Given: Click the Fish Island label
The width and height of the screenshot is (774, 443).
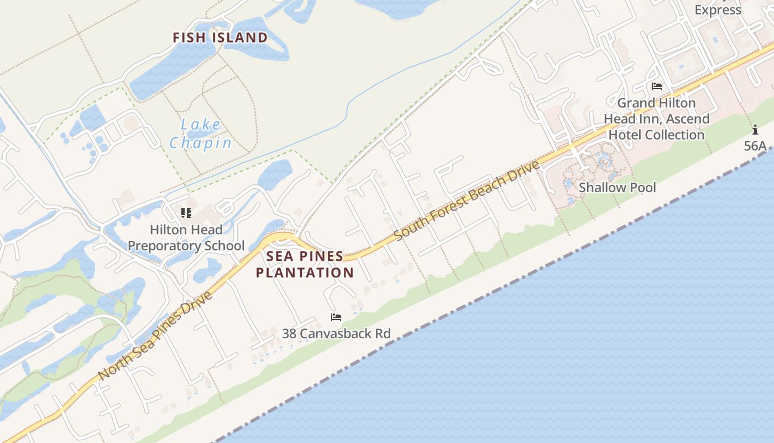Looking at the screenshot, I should pyautogui.click(x=220, y=38).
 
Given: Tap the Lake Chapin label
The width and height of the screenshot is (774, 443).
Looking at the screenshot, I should pyautogui.click(x=200, y=134).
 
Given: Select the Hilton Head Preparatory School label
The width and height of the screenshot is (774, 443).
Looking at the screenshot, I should pyautogui.click(x=186, y=238).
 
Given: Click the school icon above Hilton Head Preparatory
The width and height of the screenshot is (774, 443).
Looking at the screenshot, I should pyautogui.click(x=186, y=213).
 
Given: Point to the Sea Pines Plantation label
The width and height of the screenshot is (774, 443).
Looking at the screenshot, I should pyautogui.click(x=305, y=265).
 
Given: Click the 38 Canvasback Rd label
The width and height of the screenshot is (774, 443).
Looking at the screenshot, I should pyautogui.click(x=336, y=333).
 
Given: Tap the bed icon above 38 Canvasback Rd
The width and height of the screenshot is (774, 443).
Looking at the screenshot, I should pyautogui.click(x=336, y=317).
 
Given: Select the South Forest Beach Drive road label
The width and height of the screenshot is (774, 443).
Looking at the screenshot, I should pyautogui.click(x=467, y=200).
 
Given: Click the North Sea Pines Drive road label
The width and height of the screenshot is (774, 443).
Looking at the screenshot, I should pyautogui.click(x=155, y=336).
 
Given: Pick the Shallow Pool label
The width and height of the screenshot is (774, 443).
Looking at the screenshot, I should pyautogui.click(x=617, y=188).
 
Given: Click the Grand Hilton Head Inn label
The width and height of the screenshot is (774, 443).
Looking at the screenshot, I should pyautogui.click(x=656, y=119).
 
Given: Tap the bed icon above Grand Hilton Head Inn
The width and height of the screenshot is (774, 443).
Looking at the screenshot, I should pyautogui.click(x=657, y=86).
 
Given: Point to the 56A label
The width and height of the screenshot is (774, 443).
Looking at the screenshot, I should pyautogui.click(x=755, y=146).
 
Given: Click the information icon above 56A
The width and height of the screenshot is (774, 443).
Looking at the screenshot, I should pyautogui.click(x=755, y=130).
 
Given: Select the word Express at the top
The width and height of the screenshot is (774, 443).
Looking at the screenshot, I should pyautogui.click(x=718, y=10).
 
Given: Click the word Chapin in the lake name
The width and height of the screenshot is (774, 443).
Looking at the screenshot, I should pyautogui.click(x=200, y=143).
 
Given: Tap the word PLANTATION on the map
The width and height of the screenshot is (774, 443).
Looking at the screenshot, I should pyautogui.click(x=305, y=272).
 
